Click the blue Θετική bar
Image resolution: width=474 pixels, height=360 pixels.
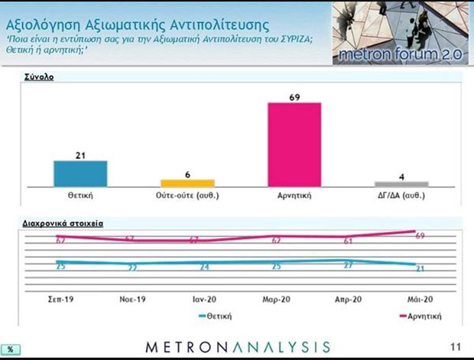[80, 174]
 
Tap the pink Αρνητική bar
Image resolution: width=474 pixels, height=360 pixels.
[294, 144]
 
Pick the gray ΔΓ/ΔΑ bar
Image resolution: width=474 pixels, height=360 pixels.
[401, 184]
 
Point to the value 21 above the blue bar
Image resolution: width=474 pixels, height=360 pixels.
[80, 154]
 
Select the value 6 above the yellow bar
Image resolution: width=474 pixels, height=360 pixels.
[187, 174]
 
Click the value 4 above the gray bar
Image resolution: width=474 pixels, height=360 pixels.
[401, 177]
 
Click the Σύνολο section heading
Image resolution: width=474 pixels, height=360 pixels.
[39, 76]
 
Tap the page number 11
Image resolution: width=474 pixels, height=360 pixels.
[456, 346]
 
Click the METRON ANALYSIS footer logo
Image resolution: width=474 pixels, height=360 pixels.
[238, 346]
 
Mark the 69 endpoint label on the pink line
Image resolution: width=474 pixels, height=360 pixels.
[420, 235]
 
